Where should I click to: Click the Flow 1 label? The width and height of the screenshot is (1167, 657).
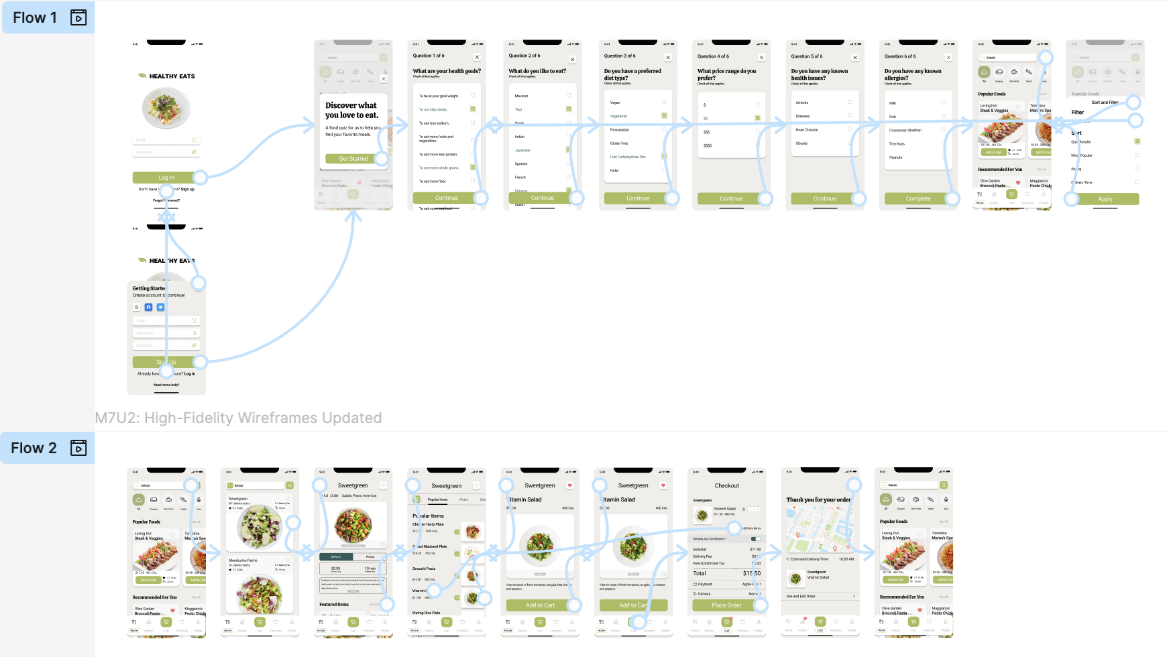tap(35, 17)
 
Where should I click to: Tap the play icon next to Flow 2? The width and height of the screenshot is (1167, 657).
tap(78, 448)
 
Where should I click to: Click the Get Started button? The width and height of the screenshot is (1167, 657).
tap(353, 159)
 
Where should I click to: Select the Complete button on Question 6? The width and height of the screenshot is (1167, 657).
tap(918, 198)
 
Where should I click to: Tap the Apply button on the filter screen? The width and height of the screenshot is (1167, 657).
tap(1105, 199)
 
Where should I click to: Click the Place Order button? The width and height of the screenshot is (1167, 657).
tap(726, 605)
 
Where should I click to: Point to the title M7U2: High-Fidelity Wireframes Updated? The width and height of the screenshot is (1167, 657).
tap(238, 418)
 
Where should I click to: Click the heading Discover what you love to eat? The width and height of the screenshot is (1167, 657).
tap(351, 110)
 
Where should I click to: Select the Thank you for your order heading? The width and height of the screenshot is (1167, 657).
tap(818, 499)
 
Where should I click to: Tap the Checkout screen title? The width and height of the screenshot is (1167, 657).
tap(726, 485)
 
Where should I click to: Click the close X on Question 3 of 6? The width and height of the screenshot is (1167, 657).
tap(668, 58)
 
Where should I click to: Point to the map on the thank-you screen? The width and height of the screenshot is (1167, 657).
tap(820, 528)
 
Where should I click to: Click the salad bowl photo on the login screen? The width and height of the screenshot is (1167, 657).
tap(166, 107)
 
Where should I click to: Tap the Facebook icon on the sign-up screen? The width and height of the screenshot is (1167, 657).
tap(149, 307)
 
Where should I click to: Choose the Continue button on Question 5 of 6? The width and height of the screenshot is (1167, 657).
tap(824, 198)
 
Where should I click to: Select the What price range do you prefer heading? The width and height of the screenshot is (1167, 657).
tap(726, 74)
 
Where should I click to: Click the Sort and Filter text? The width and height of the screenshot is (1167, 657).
tap(1105, 103)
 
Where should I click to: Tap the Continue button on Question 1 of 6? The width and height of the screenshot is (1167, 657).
tap(446, 198)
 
